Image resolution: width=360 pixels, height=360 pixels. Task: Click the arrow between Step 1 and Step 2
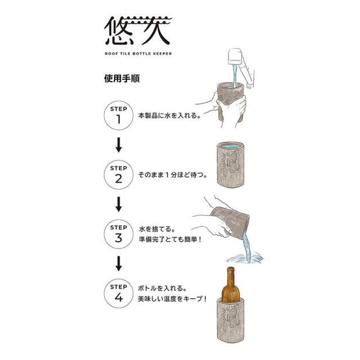click(x=119, y=145)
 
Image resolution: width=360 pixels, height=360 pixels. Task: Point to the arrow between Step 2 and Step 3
click(x=119, y=204)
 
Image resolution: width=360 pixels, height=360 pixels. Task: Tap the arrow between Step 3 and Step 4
click(x=119, y=264)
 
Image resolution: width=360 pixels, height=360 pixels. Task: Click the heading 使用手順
click(x=122, y=79)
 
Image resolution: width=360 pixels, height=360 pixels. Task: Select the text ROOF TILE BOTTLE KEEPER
click(x=138, y=54)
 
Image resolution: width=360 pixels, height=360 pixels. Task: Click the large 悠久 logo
click(x=138, y=30)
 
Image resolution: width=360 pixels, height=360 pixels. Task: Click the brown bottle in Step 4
click(x=231, y=285)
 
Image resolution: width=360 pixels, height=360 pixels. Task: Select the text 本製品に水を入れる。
click(x=169, y=115)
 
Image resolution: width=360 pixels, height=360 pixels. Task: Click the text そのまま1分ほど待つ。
click(x=173, y=175)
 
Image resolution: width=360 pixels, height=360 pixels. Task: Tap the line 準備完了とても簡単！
click(x=170, y=240)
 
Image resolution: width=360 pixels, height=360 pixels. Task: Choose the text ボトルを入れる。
click(x=162, y=288)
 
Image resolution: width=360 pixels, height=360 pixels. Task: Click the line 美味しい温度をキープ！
click(x=173, y=299)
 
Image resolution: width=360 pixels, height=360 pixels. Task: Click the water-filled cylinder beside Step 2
click(x=231, y=164)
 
